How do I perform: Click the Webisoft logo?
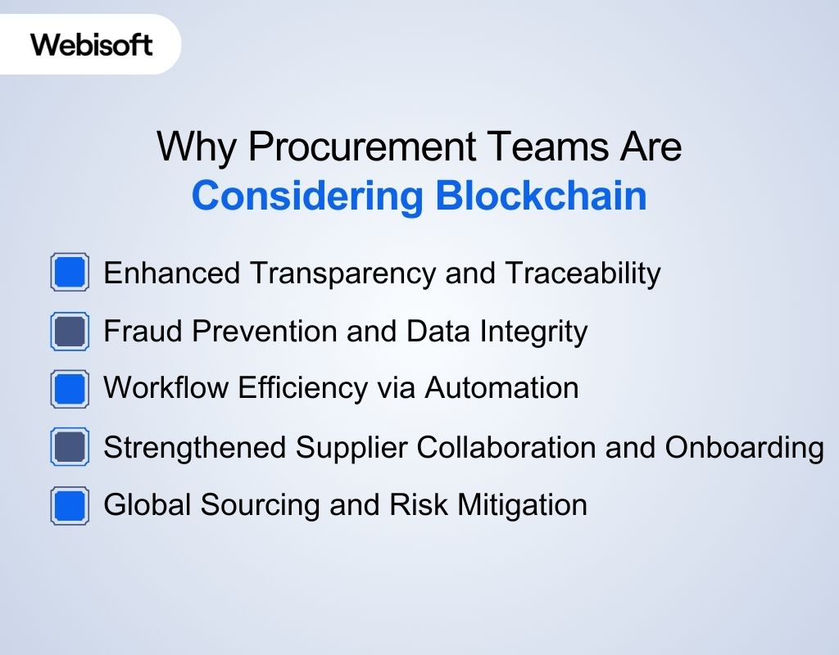[x=92, y=44]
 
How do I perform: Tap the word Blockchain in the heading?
[x=541, y=196]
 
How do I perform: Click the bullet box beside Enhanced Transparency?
[x=70, y=273]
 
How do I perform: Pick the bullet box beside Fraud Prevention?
[x=70, y=332]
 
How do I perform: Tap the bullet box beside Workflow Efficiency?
[x=70, y=389]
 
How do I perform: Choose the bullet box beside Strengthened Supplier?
[x=70, y=448]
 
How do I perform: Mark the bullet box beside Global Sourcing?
[x=70, y=505]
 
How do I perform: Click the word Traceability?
[x=583, y=273]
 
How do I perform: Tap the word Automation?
[x=501, y=388]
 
